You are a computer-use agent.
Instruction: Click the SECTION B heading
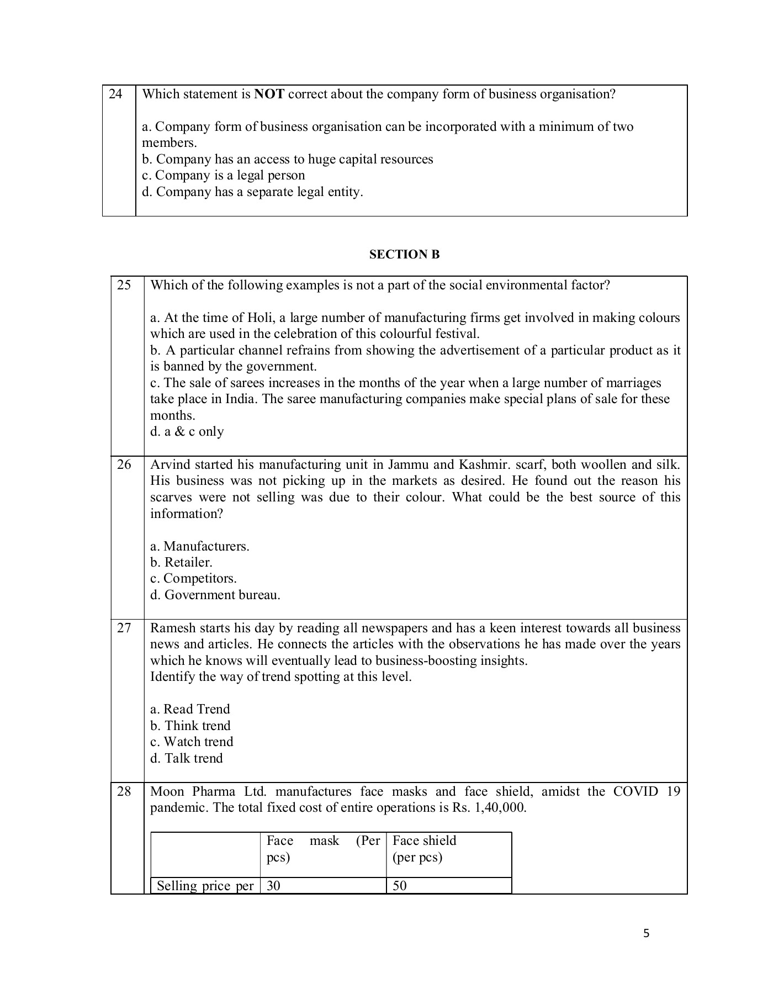pyautogui.click(x=404, y=255)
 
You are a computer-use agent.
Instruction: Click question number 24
pyautogui.click(x=115, y=94)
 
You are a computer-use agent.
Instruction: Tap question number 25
pyautogui.click(x=124, y=285)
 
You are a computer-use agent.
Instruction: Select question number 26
pyautogui.click(x=124, y=464)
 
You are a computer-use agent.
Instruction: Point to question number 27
pyautogui.click(x=124, y=628)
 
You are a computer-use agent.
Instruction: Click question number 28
pyautogui.click(x=124, y=791)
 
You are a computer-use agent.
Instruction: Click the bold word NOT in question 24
pyautogui.click(x=269, y=94)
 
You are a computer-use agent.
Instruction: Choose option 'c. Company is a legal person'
pyautogui.click(x=223, y=176)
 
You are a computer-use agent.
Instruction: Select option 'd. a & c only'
pyautogui.click(x=187, y=432)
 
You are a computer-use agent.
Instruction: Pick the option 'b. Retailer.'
pyautogui.click(x=181, y=563)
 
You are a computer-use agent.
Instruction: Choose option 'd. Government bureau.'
pyautogui.click(x=215, y=595)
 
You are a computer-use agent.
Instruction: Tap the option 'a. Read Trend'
pyautogui.click(x=190, y=710)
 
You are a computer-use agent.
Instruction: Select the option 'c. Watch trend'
pyautogui.click(x=192, y=742)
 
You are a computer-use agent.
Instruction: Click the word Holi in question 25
pyautogui.click(x=259, y=318)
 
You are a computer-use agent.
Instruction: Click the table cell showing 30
pyautogui.click(x=273, y=886)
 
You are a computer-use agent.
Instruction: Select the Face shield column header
pyautogui.click(x=424, y=841)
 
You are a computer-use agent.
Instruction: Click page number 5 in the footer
pyautogui.click(x=647, y=934)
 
